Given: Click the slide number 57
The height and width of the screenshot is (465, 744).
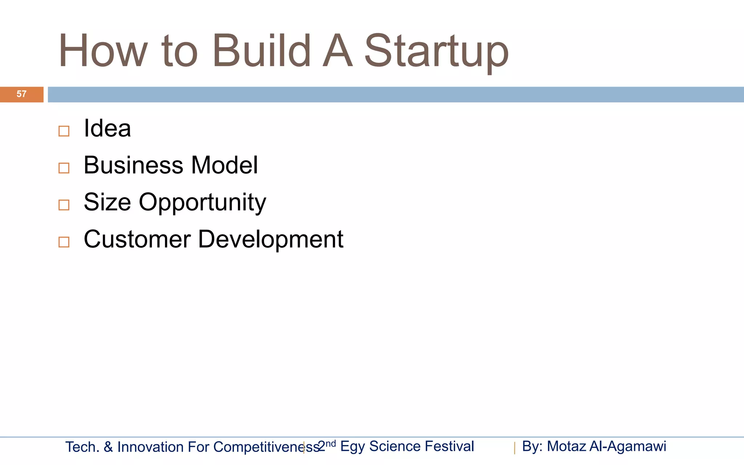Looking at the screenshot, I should pos(21,94).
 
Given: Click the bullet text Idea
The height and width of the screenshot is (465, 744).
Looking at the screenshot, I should pos(107,128).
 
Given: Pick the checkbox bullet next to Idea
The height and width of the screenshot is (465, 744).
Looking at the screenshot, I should pos(64,131).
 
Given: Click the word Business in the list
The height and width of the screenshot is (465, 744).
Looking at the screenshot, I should pos(134,165).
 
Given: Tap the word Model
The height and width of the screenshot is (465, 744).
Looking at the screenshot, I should pos(225,165).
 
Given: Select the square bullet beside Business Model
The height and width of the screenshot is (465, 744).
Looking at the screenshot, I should pos(64,168).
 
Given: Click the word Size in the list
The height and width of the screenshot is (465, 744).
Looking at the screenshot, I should pos(107,202).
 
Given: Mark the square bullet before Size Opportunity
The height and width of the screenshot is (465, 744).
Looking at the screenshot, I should pos(64,205).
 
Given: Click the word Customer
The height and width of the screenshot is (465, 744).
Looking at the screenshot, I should pos(137,239).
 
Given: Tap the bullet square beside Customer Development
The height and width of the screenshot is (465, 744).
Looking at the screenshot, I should pos(64,242).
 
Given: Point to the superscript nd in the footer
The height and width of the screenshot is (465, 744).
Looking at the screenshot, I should pos(331,443).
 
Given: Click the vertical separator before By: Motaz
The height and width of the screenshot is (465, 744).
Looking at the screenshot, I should pos(514,448).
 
